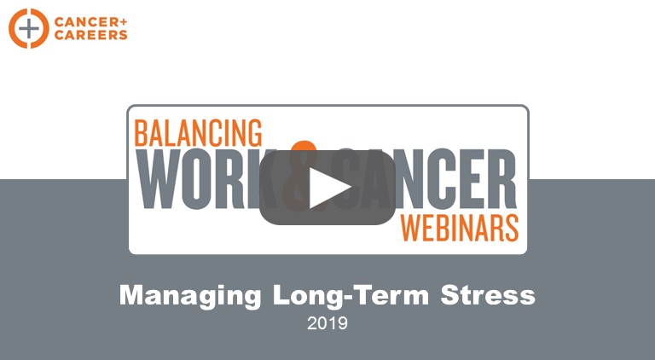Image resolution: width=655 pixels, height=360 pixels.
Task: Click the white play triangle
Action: pos(327,188)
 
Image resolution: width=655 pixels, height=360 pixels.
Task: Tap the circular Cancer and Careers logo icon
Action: pos(28,28)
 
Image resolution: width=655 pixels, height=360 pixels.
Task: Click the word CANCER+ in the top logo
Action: pos(90,22)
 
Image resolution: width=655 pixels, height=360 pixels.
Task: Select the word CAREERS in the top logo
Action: pos(90,35)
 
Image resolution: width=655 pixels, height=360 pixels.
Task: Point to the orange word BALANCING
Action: pos(198,133)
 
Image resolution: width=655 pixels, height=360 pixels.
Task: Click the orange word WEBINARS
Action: pos(460,228)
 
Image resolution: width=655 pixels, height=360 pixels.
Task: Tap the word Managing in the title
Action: pos(190,296)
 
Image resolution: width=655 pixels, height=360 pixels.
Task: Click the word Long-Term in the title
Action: pos(351,295)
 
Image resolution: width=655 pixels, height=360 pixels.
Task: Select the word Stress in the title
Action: pos(488,295)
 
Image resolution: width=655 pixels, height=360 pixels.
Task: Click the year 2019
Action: pos(327,322)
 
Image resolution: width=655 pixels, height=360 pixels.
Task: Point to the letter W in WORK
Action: pos(159,179)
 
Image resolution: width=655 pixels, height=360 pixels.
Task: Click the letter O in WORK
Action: pos(200,179)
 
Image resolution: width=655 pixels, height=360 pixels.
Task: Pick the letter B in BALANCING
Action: pos(142,133)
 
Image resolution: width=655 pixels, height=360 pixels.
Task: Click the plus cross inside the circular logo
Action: pos(28,28)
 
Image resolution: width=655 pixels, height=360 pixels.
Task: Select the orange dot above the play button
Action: pos(304,146)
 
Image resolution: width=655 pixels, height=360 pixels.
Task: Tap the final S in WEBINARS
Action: pos(512,228)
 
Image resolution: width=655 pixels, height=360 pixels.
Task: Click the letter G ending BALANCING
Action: pos(254,133)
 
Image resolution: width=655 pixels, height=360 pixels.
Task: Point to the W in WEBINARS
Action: pos(411,228)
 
